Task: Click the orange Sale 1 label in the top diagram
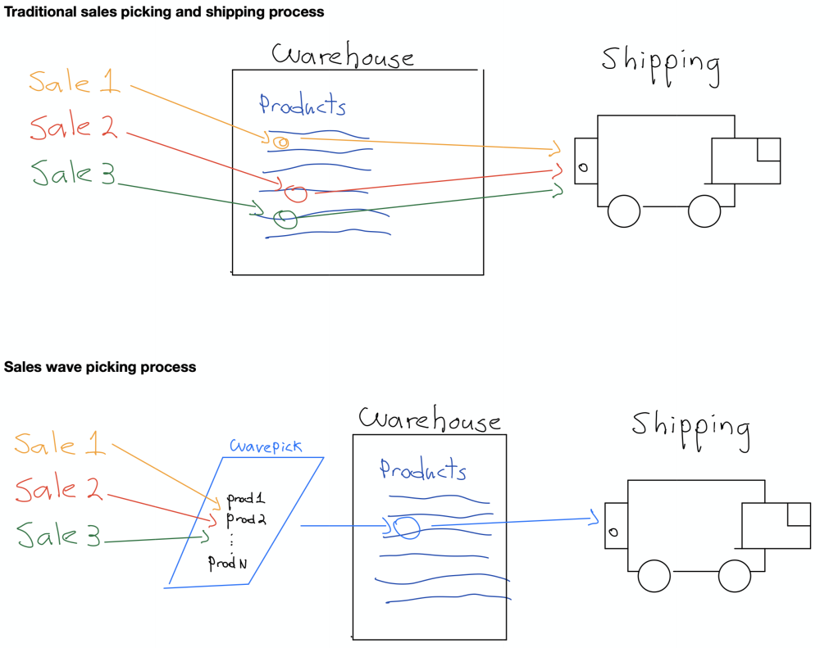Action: (74, 81)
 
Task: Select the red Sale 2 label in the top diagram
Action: (74, 127)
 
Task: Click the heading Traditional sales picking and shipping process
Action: (164, 12)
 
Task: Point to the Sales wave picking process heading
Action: (100, 367)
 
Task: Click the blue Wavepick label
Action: (265, 446)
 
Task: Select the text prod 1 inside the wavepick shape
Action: (246, 499)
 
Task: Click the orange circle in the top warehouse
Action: (280, 143)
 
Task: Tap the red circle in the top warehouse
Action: (296, 193)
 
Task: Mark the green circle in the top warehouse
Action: (285, 219)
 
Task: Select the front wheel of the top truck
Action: (704, 211)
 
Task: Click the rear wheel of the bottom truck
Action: (654, 576)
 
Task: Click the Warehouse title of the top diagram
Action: (343, 56)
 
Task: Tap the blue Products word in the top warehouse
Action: (303, 106)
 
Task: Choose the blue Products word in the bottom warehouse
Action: (422, 470)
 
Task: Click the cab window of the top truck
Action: (768, 150)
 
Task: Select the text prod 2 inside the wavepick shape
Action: (246, 519)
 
